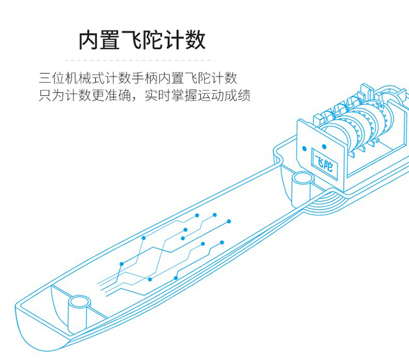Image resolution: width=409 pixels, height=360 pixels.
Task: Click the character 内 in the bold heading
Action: [x=89, y=40]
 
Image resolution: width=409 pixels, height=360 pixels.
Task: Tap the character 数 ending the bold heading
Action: [x=195, y=40]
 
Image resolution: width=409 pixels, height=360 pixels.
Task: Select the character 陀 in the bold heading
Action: [x=153, y=40]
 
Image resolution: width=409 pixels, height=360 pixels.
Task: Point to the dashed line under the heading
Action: [x=140, y=60]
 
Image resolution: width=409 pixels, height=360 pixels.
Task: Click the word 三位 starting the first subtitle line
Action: [x=52, y=78]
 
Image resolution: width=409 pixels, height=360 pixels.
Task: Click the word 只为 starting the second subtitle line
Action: [x=52, y=95]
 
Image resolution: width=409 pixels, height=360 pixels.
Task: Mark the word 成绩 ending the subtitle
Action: [x=237, y=95]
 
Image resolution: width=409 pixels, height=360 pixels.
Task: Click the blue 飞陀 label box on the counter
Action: [x=325, y=163]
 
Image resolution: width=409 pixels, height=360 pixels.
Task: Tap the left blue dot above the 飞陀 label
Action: [x=304, y=148]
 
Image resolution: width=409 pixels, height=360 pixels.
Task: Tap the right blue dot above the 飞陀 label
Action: [x=324, y=146]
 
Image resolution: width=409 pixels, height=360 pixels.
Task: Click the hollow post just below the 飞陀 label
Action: [x=302, y=188]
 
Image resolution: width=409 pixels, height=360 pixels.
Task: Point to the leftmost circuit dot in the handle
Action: [x=121, y=264]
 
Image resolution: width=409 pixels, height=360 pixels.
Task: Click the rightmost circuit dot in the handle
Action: [x=228, y=221]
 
